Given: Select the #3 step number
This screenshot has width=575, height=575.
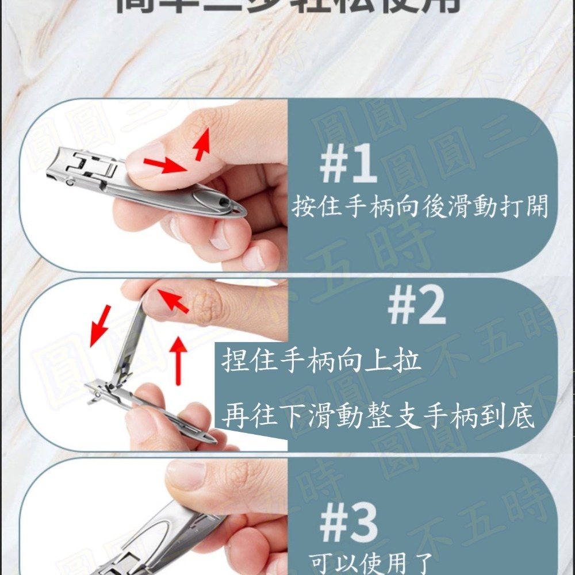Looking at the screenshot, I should tap(348, 523).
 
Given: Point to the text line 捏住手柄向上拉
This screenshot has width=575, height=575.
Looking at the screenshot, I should tap(321, 362).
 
